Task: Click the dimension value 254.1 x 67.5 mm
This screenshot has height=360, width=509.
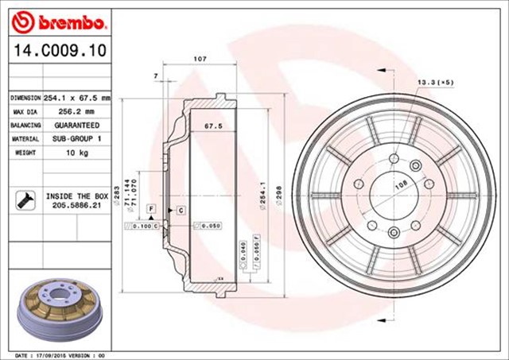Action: pos(76,98)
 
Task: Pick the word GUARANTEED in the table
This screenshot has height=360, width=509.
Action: pos(76,126)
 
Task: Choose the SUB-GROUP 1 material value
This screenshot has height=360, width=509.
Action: pos(76,139)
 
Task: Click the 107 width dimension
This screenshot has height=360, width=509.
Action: pos(200,60)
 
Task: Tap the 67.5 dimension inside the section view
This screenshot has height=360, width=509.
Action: pos(212,126)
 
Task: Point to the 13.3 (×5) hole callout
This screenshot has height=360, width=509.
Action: pos(435,82)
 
